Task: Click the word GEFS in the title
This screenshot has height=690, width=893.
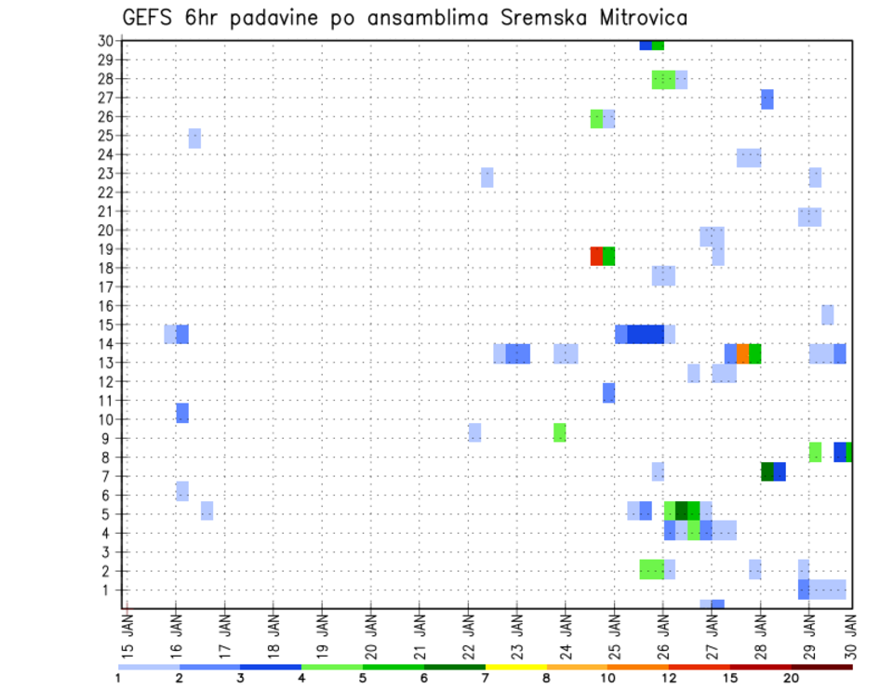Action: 151,19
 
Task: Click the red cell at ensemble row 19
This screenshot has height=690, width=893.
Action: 596,256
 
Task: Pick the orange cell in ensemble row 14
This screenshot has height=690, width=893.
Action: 742,353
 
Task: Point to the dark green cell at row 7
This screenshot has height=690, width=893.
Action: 766,471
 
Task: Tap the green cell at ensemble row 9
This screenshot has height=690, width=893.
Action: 559,432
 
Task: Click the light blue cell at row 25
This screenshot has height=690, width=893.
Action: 194,138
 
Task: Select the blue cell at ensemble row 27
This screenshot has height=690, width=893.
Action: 766,100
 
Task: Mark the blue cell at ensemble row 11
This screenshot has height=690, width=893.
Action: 608,392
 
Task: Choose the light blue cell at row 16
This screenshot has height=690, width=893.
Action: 827,314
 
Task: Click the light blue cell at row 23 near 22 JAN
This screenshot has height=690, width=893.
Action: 486,177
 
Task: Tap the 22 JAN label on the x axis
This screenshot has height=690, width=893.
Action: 469,634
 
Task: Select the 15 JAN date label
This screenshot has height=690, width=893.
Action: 128,634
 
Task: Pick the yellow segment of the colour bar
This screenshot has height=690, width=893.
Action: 515,667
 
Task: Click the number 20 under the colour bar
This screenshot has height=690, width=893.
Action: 791,679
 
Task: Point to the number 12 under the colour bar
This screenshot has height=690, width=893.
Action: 669,679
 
